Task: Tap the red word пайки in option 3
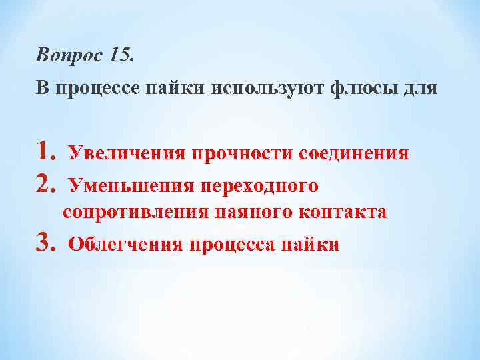point(311,244)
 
